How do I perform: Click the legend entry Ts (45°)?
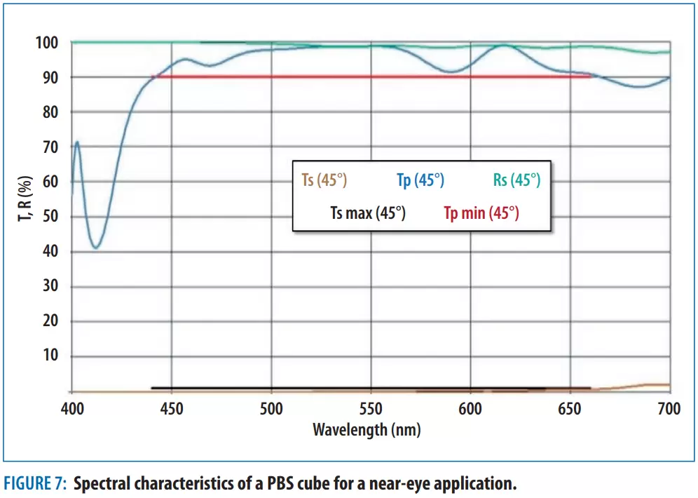(x=324, y=180)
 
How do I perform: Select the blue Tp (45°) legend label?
(x=420, y=180)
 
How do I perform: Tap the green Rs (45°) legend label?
(x=516, y=180)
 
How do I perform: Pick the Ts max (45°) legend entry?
(x=367, y=213)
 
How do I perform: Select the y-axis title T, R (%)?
(x=23, y=197)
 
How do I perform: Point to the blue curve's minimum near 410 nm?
(x=95, y=248)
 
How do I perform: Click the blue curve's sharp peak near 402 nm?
(x=76, y=142)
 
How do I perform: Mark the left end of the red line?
(x=153, y=76)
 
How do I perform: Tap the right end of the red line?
(x=590, y=76)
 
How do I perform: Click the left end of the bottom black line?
(x=153, y=388)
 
